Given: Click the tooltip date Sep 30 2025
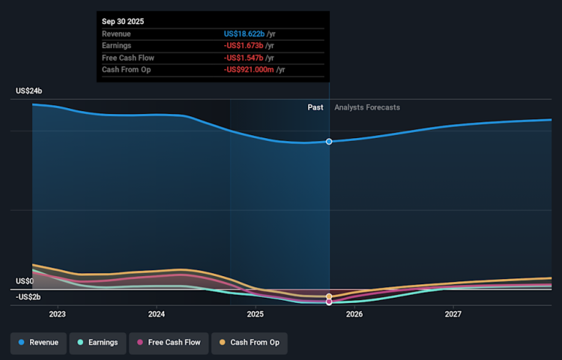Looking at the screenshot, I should [123, 22].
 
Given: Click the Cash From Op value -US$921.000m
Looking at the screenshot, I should [249, 70].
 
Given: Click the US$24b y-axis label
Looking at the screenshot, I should [29, 91].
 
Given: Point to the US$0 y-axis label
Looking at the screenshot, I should [25, 281].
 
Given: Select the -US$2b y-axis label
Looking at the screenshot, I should [28, 297].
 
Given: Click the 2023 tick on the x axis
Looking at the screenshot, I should [57, 314].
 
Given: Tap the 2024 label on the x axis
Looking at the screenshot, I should [156, 314].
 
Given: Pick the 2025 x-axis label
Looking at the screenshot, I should [255, 314].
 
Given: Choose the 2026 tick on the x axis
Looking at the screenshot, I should [354, 314].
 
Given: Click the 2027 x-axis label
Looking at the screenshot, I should [453, 314].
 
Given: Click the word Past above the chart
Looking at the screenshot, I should [315, 107].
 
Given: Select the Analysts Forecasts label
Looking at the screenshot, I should [367, 107].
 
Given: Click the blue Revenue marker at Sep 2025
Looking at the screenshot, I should [329, 142].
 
